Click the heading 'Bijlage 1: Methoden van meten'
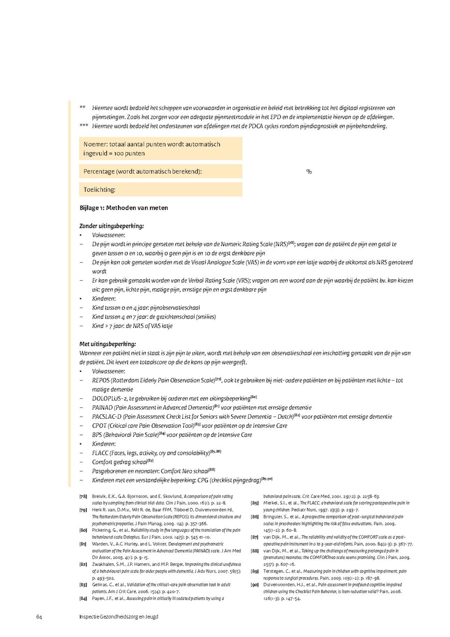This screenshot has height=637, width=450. [124, 208]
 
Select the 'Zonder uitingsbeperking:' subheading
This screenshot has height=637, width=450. [111, 226]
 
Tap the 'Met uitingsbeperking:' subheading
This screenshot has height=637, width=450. [107, 344]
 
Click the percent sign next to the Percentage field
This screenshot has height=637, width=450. [309, 172]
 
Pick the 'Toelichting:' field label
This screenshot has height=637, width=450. [99, 190]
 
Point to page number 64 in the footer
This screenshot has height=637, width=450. [38, 616]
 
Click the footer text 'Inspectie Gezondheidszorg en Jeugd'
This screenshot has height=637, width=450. [118, 616]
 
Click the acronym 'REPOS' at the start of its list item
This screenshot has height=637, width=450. [101, 381]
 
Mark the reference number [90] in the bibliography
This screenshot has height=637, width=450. [254, 584]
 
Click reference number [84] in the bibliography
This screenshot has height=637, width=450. [83, 598]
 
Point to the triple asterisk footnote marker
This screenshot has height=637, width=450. [84, 126]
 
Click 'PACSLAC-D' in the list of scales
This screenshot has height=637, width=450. [107, 417]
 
